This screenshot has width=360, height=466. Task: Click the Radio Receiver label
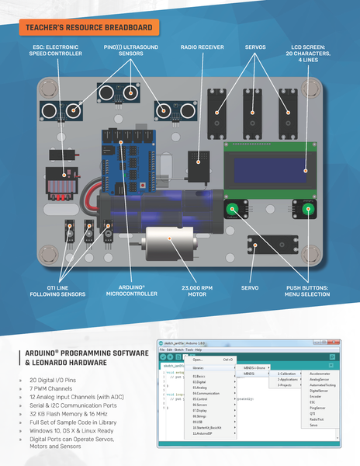(x=203, y=47)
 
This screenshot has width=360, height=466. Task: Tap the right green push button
(x=299, y=209)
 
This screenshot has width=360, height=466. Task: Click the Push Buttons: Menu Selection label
(x=304, y=291)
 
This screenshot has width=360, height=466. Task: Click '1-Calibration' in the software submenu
(x=286, y=374)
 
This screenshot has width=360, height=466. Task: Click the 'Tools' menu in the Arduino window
(x=189, y=350)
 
